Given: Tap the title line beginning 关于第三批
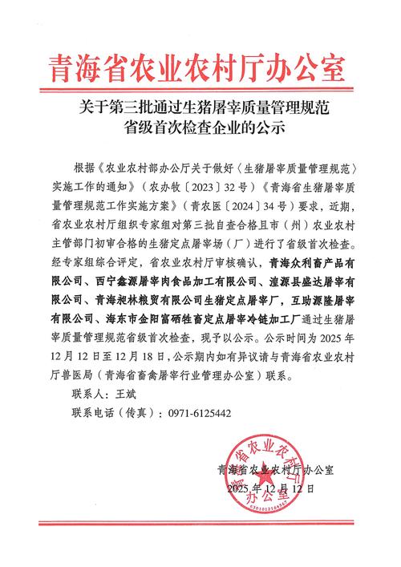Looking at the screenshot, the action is (x=200, y=104).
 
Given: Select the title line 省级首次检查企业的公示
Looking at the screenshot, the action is (x=200, y=127).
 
